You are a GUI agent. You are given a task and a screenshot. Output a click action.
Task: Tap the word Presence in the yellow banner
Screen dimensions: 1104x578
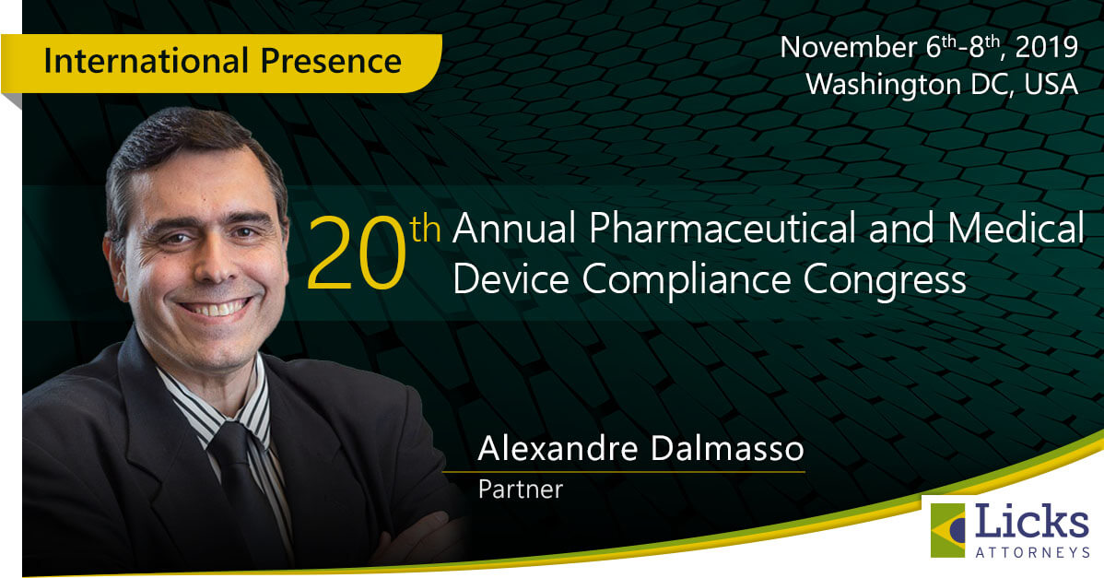tap(331, 61)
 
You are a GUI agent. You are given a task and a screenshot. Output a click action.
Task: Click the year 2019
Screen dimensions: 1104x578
tap(1047, 47)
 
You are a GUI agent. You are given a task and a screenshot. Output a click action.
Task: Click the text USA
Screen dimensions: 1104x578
tap(1051, 85)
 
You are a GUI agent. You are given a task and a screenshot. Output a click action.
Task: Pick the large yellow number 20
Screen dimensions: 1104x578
tap(357, 254)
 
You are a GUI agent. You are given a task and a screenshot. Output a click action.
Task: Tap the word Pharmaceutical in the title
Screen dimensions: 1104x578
tap(723, 229)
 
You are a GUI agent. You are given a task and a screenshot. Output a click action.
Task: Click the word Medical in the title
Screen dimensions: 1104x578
tap(1016, 228)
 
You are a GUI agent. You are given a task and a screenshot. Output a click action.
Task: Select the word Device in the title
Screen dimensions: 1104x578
tap(511, 279)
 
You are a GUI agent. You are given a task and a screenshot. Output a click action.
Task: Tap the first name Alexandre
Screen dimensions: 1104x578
tap(558, 448)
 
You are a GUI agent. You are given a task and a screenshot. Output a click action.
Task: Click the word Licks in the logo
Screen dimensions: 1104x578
tap(1032, 523)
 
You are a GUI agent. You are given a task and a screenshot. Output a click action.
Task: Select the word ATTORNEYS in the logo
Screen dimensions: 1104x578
tap(1032, 553)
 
